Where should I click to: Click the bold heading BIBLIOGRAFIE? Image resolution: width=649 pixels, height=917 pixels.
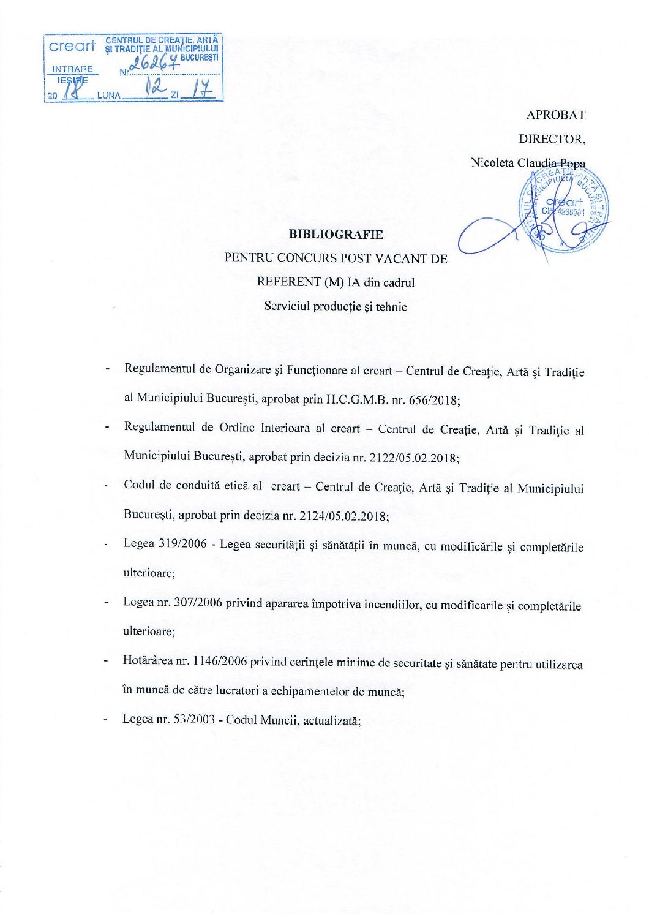pos(336,234)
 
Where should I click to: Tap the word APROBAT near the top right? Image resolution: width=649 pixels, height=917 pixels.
pos(555,115)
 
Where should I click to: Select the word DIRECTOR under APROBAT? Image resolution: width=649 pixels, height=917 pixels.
pos(552,139)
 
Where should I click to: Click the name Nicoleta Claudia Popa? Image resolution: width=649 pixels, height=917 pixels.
pos(528,163)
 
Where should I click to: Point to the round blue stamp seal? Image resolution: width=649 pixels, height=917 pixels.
pos(565,208)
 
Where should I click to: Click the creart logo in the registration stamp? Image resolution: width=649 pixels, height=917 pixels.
pos(72,47)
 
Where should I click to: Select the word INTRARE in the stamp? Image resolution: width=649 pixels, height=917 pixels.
pos(72,69)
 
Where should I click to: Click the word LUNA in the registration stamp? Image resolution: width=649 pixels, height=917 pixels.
pos(109,95)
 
